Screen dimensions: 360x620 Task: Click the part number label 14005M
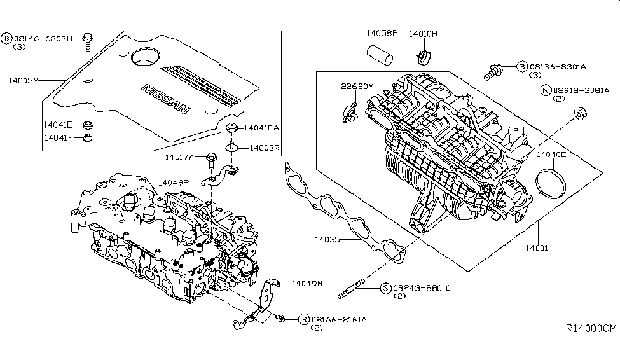point(24,80)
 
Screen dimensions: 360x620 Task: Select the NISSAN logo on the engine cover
point(165,100)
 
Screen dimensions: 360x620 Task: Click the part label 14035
point(327,240)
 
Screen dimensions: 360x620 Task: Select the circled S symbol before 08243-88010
point(385,288)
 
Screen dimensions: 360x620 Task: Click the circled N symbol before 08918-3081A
point(544,90)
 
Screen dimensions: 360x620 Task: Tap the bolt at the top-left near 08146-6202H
point(87,43)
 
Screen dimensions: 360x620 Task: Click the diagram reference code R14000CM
point(591,328)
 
